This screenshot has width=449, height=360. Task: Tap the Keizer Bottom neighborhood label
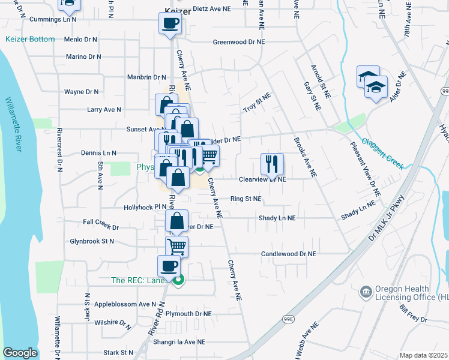coord(30,39)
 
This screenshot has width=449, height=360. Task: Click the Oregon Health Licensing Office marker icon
coord(365,292)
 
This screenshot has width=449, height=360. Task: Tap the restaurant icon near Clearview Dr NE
coord(272,163)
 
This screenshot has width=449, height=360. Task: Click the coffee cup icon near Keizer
coord(170,23)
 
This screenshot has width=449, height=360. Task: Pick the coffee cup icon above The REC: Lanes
coord(169,266)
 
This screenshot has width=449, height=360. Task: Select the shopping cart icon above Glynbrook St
coord(176,246)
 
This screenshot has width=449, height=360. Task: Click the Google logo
coord(20,353)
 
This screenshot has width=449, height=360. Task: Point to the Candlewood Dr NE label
coord(288,254)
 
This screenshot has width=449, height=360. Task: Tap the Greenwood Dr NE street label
coord(238,43)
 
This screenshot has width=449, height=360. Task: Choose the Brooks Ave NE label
coord(305,158)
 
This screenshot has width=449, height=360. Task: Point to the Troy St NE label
coord(257,103)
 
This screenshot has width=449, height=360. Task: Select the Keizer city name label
coord(177,9)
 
